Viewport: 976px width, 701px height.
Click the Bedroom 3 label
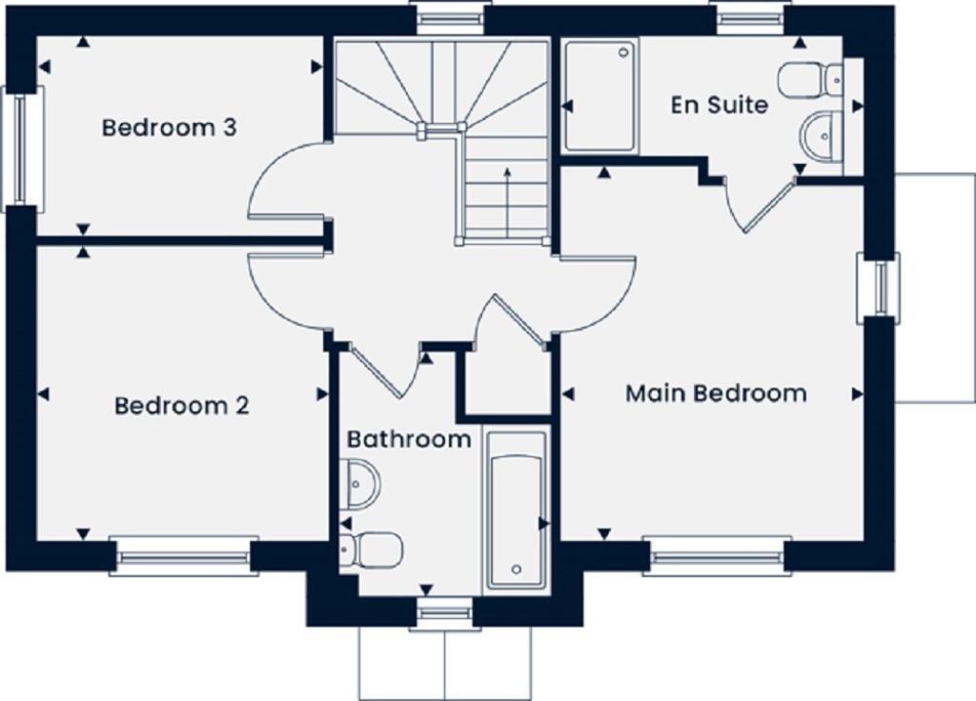[x=169, y=128]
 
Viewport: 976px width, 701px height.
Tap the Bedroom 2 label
[x=181, y=406]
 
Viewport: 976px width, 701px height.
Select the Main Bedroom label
[x=715, y=393]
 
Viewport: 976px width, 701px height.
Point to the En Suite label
[x=719, y=105]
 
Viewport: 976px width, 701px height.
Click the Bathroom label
[x=408, y=439]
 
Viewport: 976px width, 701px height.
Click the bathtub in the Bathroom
[x=517, y=510]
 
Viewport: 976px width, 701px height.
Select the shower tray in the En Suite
[x=600, y=95]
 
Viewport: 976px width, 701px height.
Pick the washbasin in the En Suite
[x=821, y=136]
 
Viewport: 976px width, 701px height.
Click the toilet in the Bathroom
[x=373, y=550]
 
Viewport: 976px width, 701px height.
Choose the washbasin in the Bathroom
[x=360, y=483]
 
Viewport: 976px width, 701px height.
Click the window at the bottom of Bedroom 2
[x=183, y=556]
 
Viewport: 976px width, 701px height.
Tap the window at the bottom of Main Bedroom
[x=718, y=556]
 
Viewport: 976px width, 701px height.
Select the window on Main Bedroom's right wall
[x=879, y=286]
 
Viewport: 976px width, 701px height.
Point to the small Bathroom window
[x=444, y=614]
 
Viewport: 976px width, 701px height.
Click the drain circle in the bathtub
[x=516, y=570]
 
